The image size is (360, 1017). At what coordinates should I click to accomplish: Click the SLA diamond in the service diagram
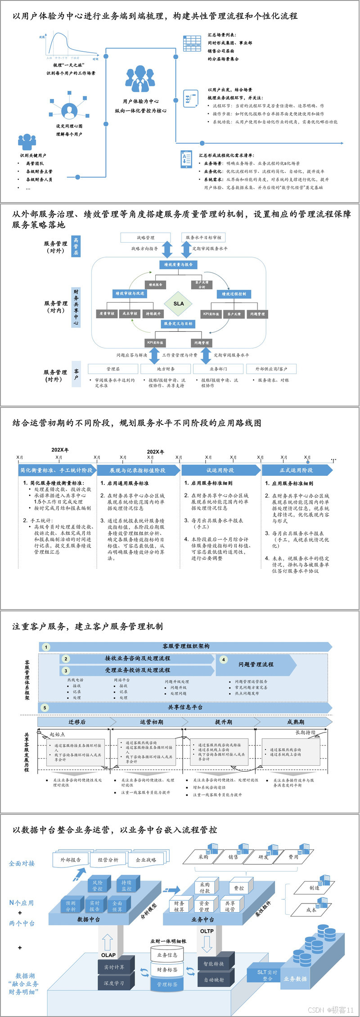179,303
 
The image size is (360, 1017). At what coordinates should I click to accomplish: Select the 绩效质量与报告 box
178,265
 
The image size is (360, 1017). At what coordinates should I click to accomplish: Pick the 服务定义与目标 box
178,323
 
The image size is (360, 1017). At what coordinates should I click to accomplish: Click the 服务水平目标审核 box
203,237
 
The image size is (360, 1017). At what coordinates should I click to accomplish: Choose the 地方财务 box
166,369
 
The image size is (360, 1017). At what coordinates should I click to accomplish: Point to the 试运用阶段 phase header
220,470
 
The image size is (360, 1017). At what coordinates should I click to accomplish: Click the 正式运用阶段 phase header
296,470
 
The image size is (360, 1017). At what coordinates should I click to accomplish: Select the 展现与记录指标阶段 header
138,470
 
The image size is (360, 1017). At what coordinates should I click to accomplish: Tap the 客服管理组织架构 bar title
186,646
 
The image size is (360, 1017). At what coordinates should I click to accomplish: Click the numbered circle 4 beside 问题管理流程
224,660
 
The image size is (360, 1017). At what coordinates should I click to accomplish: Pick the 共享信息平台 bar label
185,707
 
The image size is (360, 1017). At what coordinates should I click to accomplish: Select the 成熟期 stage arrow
296,722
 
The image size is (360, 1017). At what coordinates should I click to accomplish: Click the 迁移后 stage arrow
77,722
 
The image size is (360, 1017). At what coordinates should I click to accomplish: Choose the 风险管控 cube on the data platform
98,886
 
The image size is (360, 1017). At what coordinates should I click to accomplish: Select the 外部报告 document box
71,859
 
